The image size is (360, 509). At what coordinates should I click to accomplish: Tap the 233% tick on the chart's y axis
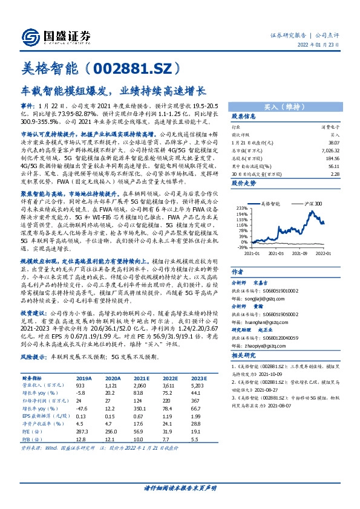pyautogui.click(x=241, y=207)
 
